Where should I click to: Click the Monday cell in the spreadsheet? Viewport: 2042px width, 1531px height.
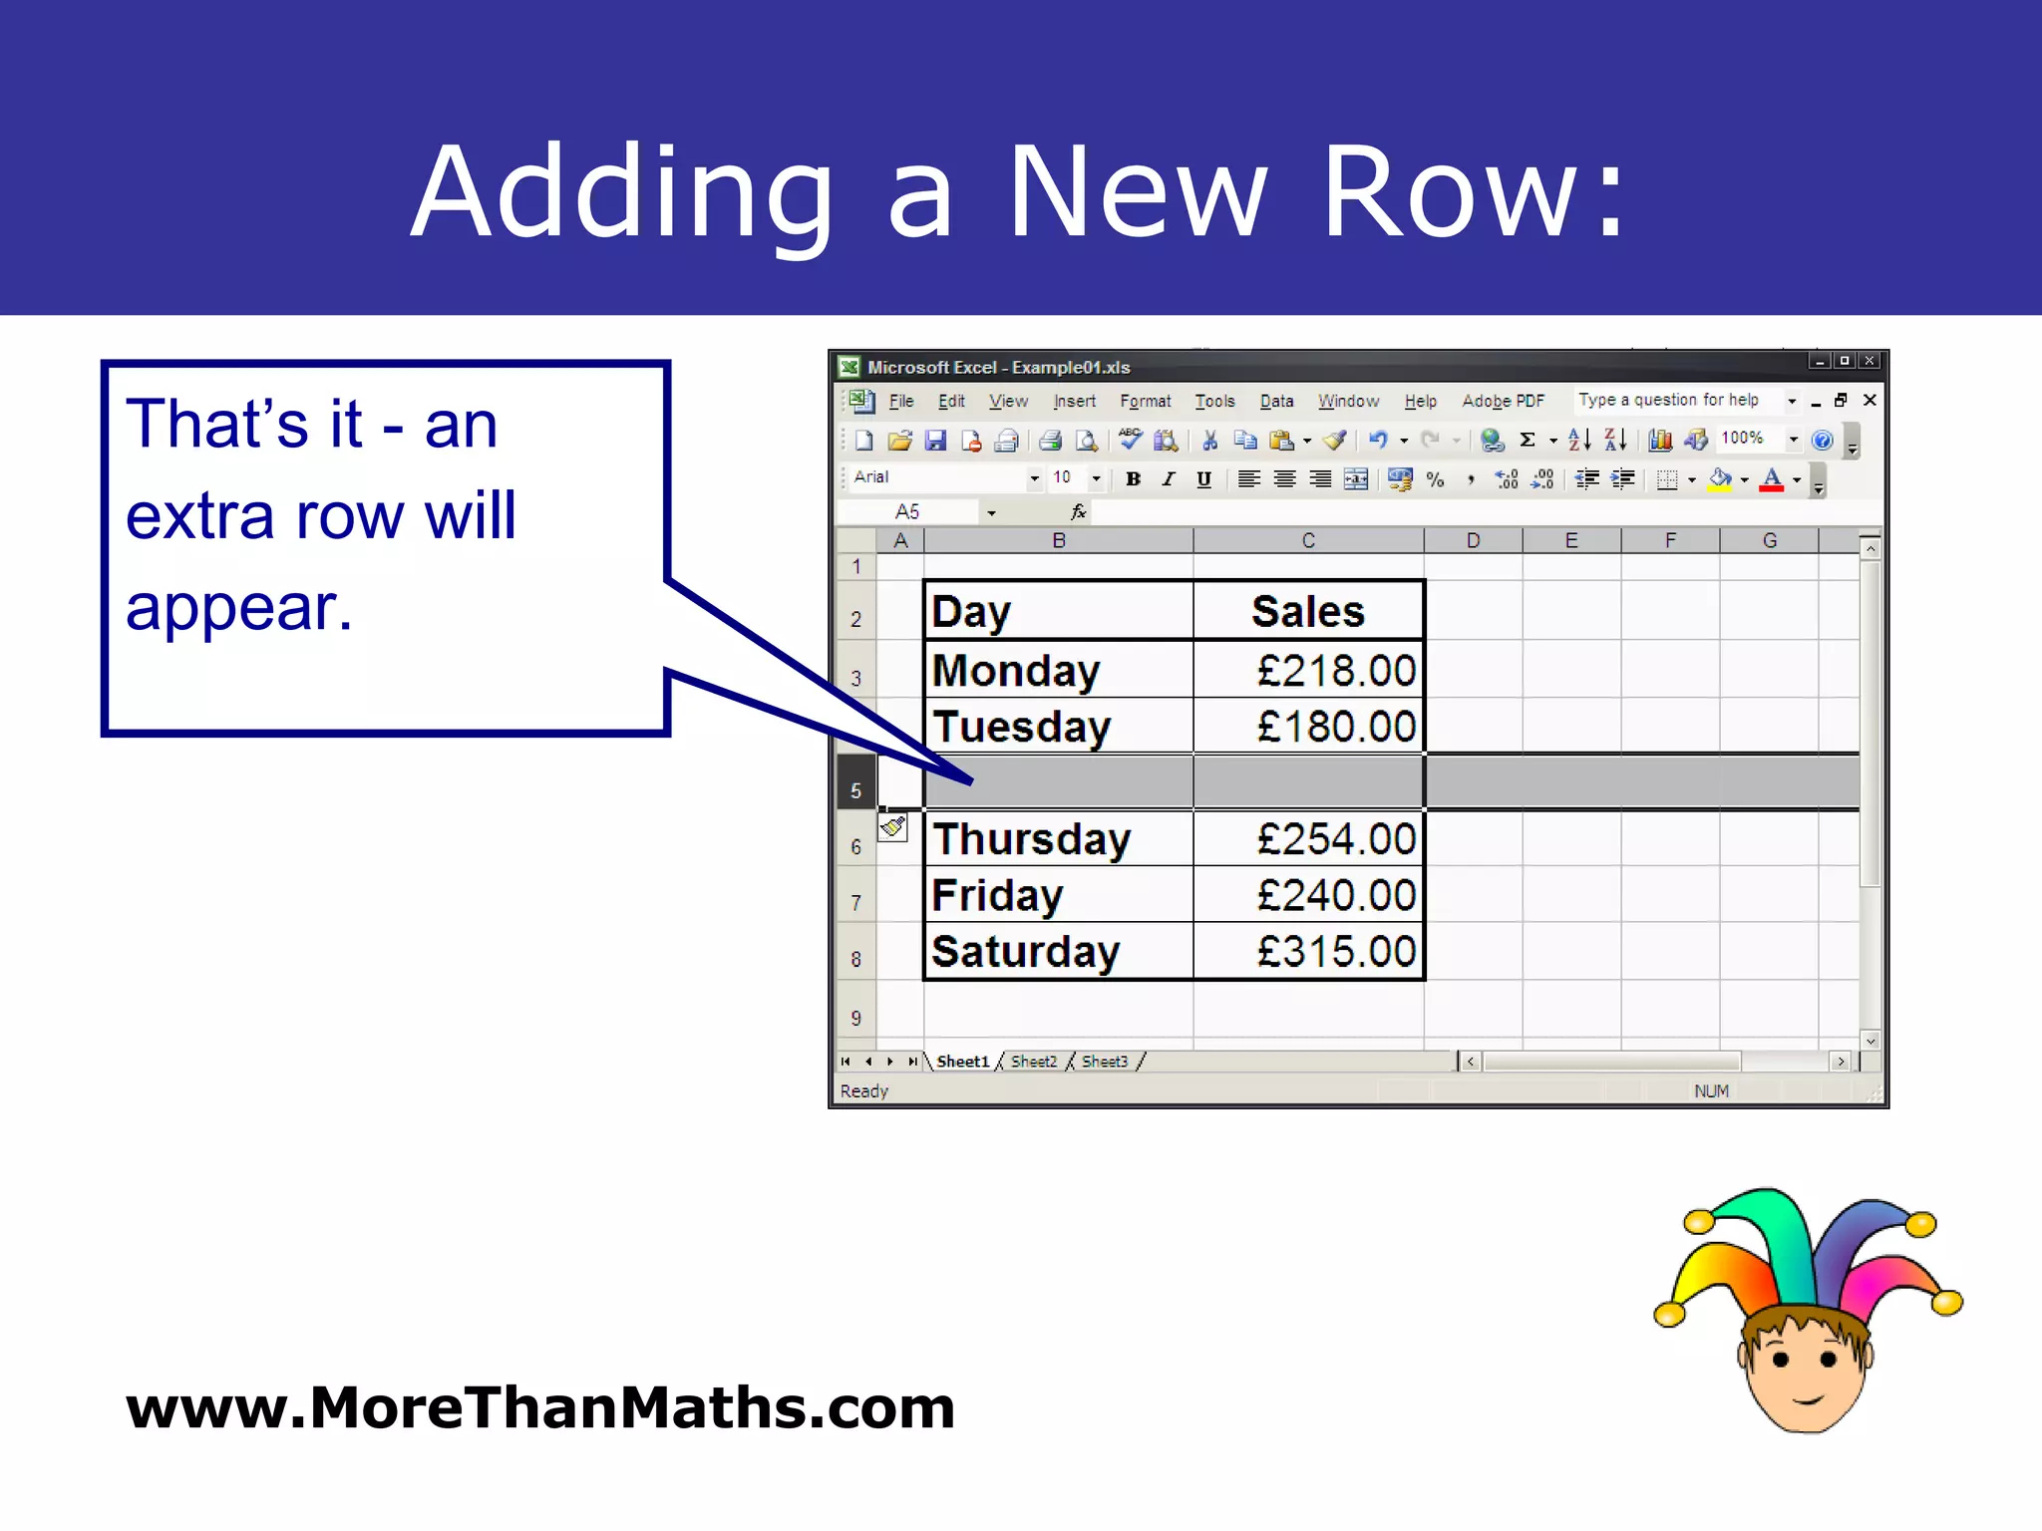click(x=1016, y=671)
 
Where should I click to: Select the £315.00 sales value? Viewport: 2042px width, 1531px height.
click(x=1335, y=952)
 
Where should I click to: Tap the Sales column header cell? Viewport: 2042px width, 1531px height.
click(x=1307, y=611)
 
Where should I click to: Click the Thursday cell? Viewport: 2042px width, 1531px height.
click(x=1031, y=839)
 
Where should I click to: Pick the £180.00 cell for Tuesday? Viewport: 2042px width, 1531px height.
click(x=1335, y=727)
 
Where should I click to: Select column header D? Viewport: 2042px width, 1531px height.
click(x=1473, y=541)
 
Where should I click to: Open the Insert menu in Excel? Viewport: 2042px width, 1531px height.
click(x=1074, y=401)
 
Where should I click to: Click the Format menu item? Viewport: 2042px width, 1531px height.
click(x=1145, y=401)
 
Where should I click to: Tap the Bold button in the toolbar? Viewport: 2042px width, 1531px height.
click(x=1133, y=479)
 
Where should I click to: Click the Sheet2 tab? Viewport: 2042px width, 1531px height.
click(x=1033, y=1062)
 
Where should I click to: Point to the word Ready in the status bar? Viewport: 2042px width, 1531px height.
click(x=863, y=1091)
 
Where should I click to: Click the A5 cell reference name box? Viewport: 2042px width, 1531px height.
click(x=907, y=512)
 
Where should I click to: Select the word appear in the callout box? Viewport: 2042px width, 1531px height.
click(x=238, y=608)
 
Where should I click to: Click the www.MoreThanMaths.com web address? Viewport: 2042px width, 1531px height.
click(x=539, y=1407)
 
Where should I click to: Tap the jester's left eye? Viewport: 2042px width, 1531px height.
click(x=1782, y=1359)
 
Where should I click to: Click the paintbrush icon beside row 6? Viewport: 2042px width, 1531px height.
click(x=893, y=826)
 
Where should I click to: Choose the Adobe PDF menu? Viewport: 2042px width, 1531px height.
click(x=1503, y=401)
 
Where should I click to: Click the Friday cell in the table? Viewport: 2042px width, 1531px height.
click(x=997, y=895)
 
